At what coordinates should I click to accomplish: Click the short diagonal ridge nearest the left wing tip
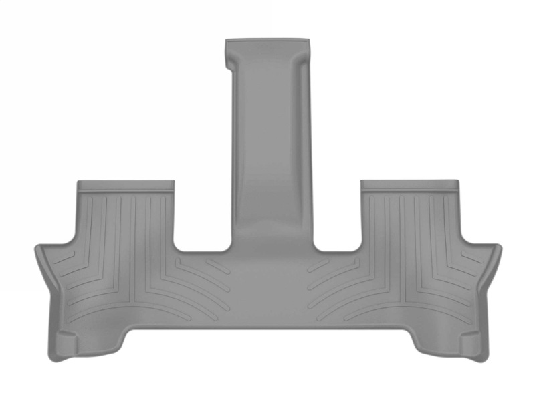(x=64, y=257)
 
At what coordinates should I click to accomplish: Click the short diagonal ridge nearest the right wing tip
(x=471, y=257)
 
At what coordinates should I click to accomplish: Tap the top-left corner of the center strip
(x=227, y=42)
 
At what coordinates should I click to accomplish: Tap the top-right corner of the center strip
(x=310, y=42)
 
